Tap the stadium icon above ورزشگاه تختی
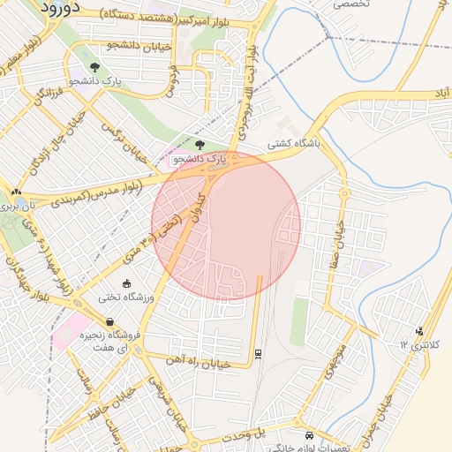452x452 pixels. pyautogui.click(x=129, y=284)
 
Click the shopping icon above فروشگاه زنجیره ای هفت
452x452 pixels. pyautogui.click(x=109, y=322)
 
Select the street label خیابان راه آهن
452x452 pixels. pyautogui.click(x=199, y=362)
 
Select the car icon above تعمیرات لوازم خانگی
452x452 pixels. pyautogui.click(x=308, y=436)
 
